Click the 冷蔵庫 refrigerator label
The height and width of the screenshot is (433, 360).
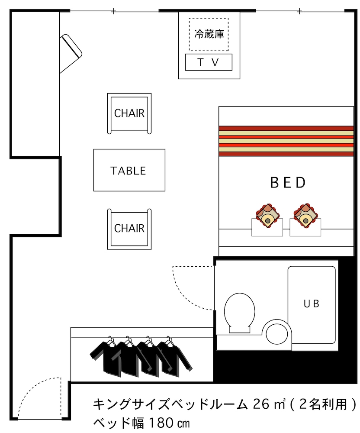click(x=209, y=34)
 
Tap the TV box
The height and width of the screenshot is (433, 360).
click(x=209, y=62)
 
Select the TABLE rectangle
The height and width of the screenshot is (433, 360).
click(x=129, y=170)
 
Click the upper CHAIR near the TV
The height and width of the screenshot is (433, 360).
click(x=129, y=113)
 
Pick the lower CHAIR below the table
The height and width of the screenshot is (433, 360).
click(x=129, y=229)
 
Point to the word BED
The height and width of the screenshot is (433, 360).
click(x=288, y=182)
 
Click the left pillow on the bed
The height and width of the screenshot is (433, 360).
click(x=267, y=215)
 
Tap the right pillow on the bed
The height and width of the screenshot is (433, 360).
click(x=305, y=215)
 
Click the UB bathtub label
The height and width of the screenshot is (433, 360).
click(x=311, y=304)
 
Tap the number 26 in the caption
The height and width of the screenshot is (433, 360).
click(x=261, y=404)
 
